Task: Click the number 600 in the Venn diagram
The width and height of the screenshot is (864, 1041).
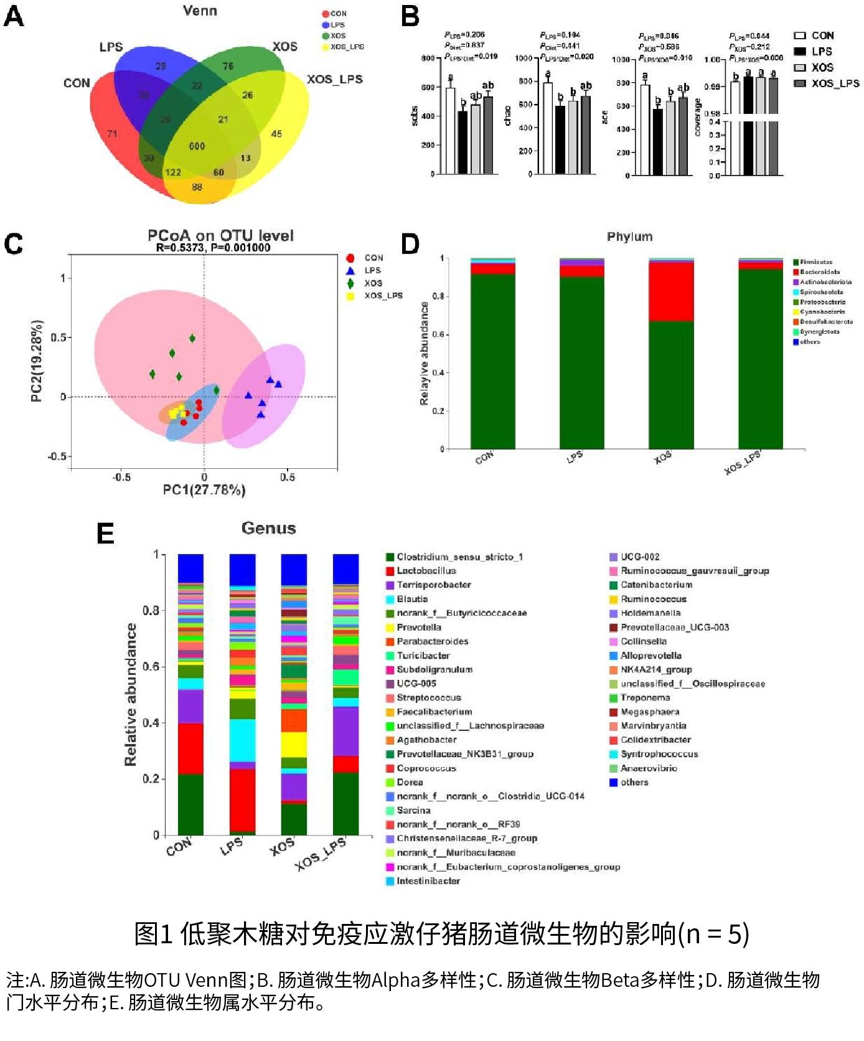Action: coord(197,146)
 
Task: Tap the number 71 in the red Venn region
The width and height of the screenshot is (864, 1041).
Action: coord(112,133)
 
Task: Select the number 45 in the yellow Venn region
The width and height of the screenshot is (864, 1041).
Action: coord(276,134)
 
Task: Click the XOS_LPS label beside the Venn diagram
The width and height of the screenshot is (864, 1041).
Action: coord(334,79)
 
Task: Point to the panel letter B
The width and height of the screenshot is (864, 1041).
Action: coord(410,17)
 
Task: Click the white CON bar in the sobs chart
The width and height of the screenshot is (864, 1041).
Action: coord(450,131)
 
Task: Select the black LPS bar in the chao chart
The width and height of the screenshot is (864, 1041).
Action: coord(560,140)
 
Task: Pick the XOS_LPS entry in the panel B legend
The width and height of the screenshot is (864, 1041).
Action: coord(827,83)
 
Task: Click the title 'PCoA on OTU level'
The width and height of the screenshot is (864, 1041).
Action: coord(220,235)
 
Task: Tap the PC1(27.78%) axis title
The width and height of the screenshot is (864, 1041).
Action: coord(204,490)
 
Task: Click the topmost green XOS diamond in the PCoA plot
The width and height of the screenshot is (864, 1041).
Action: coord(192,338)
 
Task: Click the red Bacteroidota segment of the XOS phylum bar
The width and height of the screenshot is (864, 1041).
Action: coord(671,291)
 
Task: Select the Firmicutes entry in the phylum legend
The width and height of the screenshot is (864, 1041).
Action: coord(815,262)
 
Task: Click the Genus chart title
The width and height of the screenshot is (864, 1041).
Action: coord(268,528)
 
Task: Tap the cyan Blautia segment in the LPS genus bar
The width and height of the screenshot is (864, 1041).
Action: coord(242,740)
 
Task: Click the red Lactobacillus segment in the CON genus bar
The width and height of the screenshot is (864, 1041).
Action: coord(190,748)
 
